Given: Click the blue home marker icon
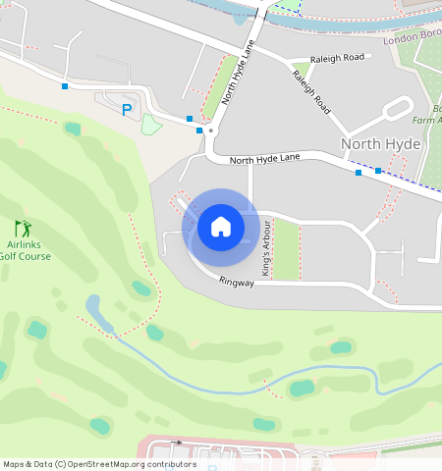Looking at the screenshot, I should (x=221, y=228).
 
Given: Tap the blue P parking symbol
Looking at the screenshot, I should (x=126, y=110).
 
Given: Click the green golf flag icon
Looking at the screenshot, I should (x=23, y=228).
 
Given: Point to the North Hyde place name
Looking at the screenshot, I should (x=381, y=143).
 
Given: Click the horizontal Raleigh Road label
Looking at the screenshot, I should (x=336, y=57).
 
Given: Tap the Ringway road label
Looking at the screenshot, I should (x=237, y=283).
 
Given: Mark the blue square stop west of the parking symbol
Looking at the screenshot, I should (x=65, y=86).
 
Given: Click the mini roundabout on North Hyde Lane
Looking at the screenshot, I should (x=211, y=130).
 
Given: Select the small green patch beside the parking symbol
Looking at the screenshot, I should (x=150, y=124).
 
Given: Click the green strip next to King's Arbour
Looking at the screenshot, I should (x=285, y=249).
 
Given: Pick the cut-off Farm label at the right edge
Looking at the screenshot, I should (x=432, y=120).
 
